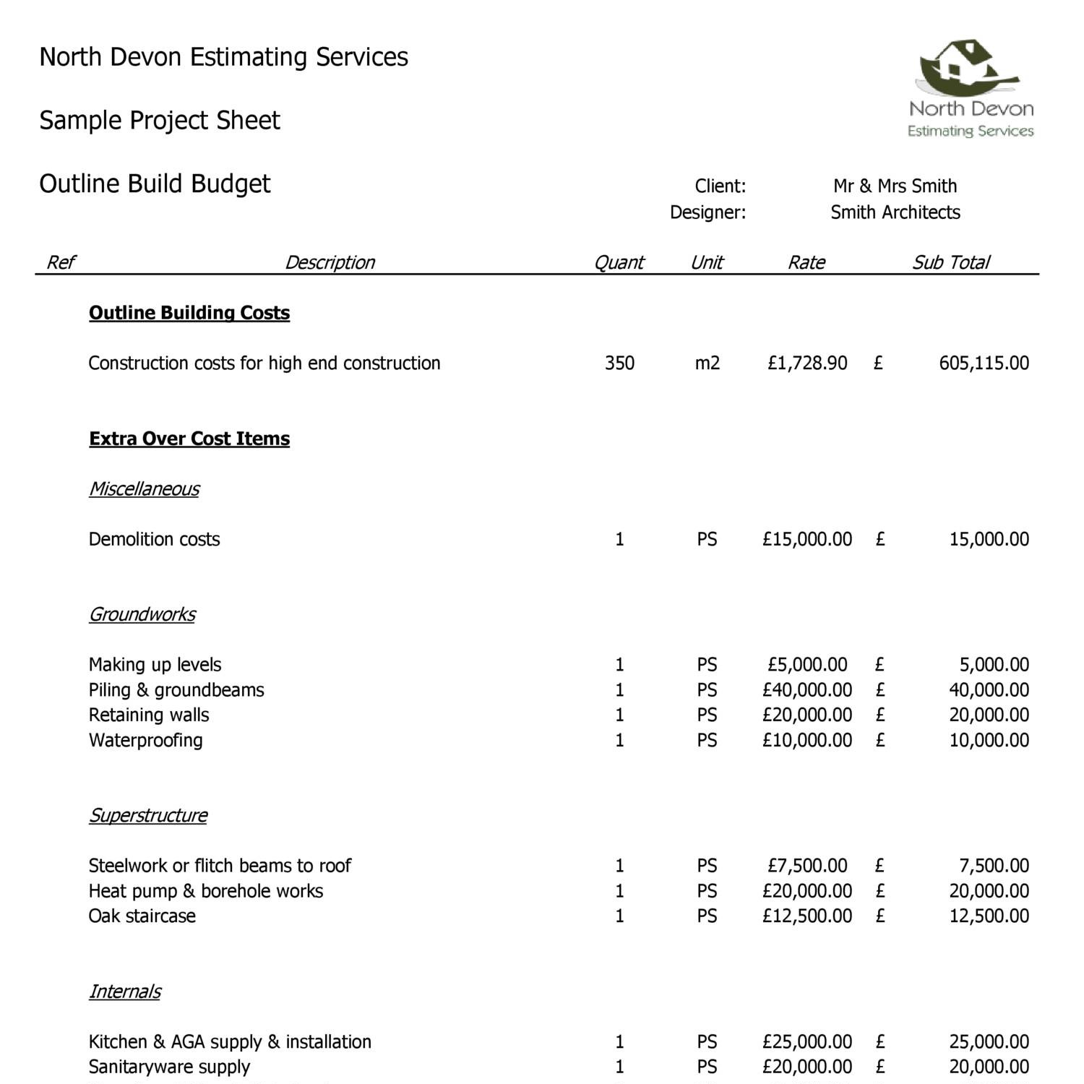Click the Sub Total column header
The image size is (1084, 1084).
pyautogui.click(x=950, y=262)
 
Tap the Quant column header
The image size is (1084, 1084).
pyautogui.click(x=619, y=262)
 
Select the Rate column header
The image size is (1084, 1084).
pyautogui.click(x=806, y=262)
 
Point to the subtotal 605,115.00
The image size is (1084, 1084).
pyautogui.click(x=984, y=363)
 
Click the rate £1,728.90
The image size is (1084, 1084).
pyautogui.click(x=806, y=363)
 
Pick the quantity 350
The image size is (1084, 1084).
pyautogui.click(x=619, y=363)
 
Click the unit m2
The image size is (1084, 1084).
pyautogui.click(x=707, y=363)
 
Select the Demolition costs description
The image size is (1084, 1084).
pyautogui.click(x=154, y=539)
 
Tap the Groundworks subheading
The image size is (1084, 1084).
pyautogui.click(x=142, y=614)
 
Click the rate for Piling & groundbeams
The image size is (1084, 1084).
pyautogui.click(x=806, y=690)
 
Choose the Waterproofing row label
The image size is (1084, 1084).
pyautogui.click(x=145, y=740)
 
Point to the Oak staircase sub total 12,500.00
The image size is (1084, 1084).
pyautogui.click(x=989, y=916)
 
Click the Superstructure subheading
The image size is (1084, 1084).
pyautogui.click(x=147, y=815)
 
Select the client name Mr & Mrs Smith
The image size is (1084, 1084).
pyautogui.click(x=895, y=186)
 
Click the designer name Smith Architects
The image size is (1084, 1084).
pyautogui.click(x=895, y=212)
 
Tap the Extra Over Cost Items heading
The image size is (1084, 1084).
pyautogui.click(x=189, y=439)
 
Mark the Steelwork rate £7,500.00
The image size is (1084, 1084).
pyautogui.click(x=806, y=866)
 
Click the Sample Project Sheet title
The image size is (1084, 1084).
pyautogui.click(x=159, y=120)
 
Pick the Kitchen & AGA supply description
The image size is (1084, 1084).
pyautogui.click(x=230, y=1041)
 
